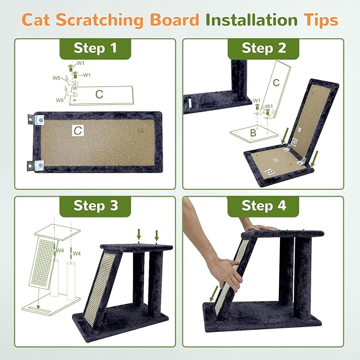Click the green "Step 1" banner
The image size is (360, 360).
95,48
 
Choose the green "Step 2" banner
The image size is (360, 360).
264,48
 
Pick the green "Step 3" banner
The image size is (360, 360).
95,205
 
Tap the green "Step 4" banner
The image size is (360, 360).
264,205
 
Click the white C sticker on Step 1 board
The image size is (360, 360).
77,129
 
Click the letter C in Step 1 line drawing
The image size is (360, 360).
99,94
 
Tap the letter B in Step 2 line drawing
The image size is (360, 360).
253,134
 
